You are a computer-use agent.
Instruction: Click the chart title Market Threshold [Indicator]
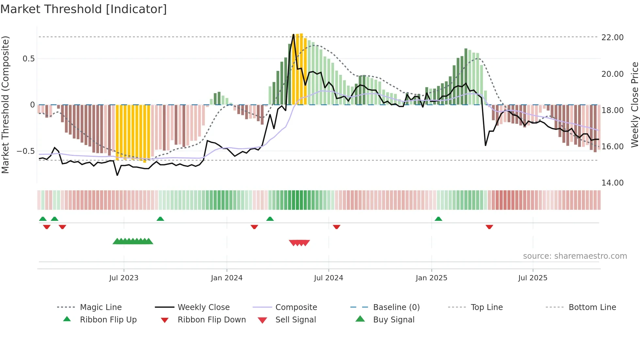point(84,9)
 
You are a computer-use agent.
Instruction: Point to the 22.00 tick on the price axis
point(613,38)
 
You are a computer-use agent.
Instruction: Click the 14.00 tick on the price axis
point(613,183)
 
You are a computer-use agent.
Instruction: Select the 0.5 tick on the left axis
point(29,59)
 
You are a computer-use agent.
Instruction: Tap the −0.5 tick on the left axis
point(26,151)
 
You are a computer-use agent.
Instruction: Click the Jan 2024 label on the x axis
point(227,278)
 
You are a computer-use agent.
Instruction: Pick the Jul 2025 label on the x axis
point(533,278)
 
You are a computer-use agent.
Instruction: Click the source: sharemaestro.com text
point(575,256)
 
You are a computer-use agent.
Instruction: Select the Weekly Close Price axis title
point(634,105)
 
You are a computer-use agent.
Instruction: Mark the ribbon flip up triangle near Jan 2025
point(438,219)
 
